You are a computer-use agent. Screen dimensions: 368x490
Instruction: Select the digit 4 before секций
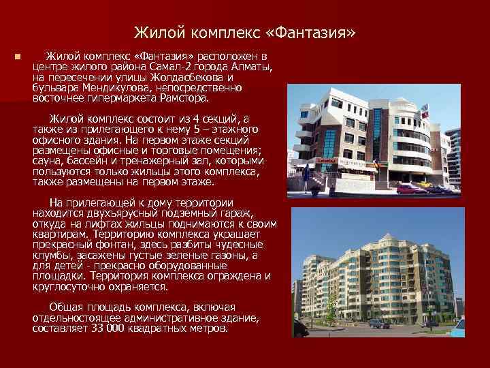(x=195, y=119)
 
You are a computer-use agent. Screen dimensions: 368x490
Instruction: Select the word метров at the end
(x=208, y=328)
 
